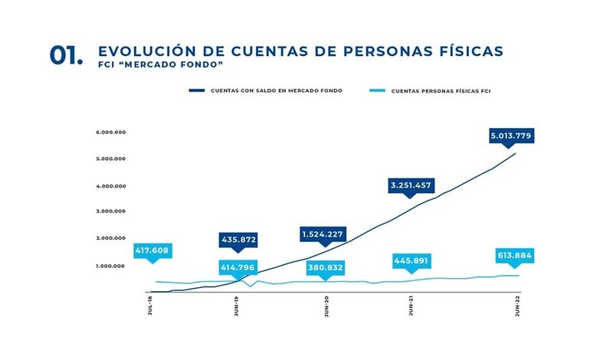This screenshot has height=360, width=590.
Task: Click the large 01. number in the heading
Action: pos(67,55)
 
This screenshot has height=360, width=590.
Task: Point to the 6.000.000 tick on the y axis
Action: pos(111,132)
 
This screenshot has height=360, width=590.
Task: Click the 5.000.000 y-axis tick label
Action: pos(111,159)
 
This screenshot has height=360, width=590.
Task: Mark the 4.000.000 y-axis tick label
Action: pos(111,185)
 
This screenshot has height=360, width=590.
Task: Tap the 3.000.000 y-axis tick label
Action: pos(111,211)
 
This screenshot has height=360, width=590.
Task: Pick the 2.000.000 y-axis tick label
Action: pos(111,238)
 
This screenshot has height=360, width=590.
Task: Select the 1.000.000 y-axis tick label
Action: pos(111,266)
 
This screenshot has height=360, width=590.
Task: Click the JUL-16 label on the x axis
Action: pos(150,307)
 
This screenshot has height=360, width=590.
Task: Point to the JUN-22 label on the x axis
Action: pos(518,307)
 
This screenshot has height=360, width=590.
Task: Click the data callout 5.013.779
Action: pos(511,136)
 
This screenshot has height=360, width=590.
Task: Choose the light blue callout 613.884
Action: pos(513,255)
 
